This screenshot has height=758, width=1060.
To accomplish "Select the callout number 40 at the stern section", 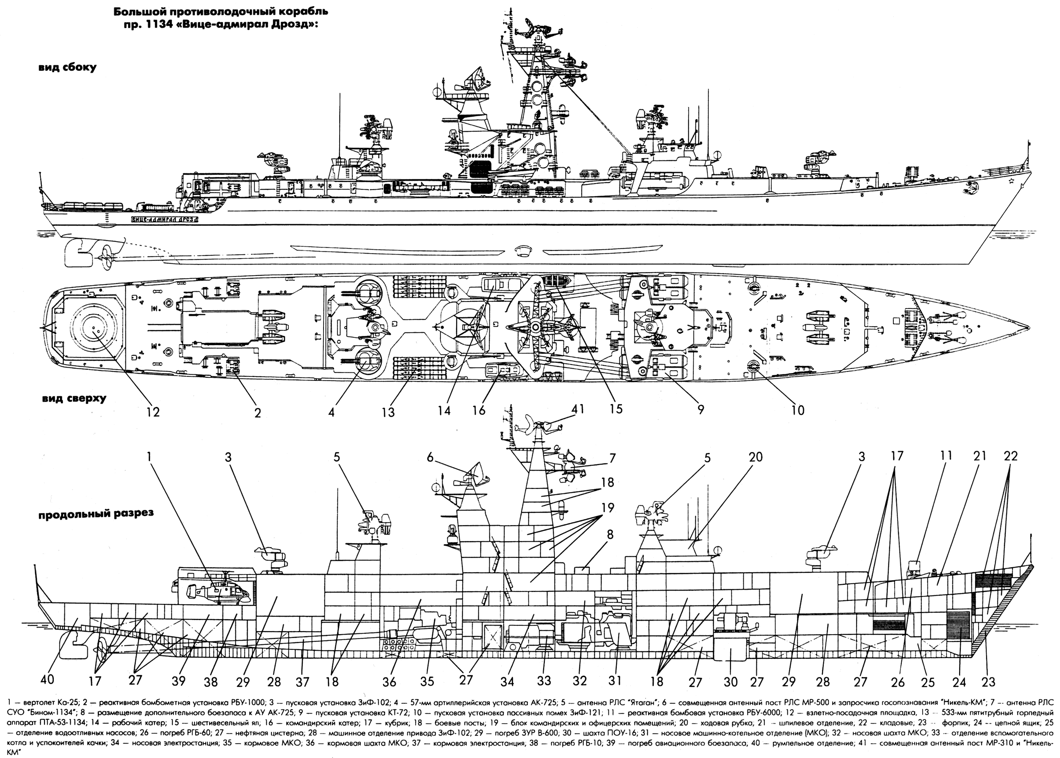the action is [x=47, y=679].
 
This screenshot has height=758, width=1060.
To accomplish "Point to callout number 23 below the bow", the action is [x=988, y=683].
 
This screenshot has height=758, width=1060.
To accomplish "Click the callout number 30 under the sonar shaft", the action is [x=731, y=682].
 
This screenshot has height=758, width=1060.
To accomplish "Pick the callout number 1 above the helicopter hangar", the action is [x=149, y=456].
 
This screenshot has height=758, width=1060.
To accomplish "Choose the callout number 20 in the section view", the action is [x=755, y=457].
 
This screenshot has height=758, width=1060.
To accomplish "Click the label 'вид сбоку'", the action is [x=68, y=67].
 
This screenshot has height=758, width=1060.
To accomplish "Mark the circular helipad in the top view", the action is [x=95, y=325].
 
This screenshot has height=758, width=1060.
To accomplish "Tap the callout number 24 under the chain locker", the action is [x=959, y=683].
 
